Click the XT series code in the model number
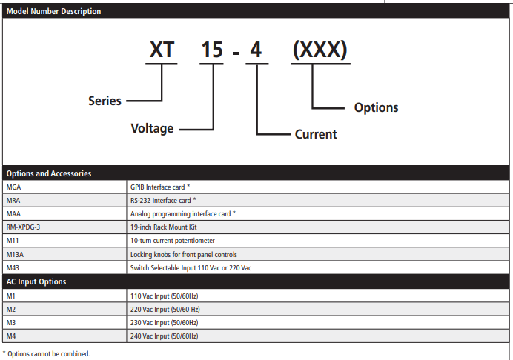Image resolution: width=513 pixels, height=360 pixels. (x=162, y=50)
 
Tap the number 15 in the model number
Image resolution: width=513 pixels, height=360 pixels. (x=212, y=50)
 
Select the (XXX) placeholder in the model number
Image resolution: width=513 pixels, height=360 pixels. (x=320, y=50)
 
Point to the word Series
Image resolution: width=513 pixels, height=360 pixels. (x=105, y=101)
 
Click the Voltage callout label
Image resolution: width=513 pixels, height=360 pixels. (x=152, y=128)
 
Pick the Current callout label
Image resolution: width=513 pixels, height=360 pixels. (x=316, y=134)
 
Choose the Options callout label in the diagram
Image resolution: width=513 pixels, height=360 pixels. (x=377, y=107)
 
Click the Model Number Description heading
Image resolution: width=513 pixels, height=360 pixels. (x=53, y=11)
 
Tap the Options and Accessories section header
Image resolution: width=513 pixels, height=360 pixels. (x=49, y=173)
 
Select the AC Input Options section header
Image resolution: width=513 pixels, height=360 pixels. (x=36, y=281)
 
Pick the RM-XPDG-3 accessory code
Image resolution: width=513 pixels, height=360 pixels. (x=23, y=227)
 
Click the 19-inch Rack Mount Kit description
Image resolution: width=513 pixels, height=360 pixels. (x=164, y=227)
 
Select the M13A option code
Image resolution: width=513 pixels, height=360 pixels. (x=15, y=254)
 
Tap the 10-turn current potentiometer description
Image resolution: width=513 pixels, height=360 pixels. (x=173, y=241)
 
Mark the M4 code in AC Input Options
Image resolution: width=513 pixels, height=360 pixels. (x=11, y=336)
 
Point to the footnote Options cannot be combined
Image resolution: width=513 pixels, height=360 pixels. (x=46, y=354)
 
